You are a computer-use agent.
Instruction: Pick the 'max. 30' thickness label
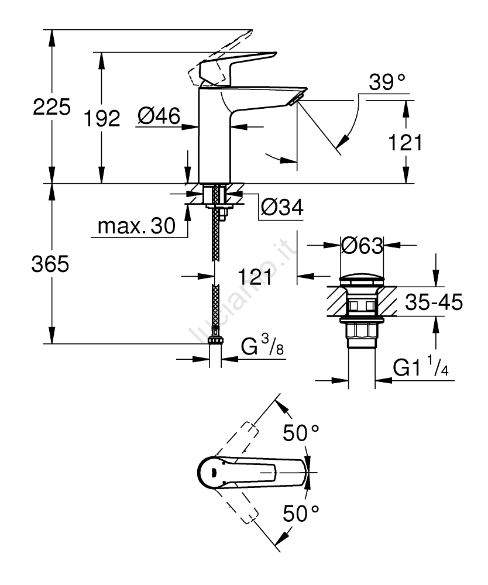[136, 226]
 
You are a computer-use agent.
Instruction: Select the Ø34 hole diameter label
[282, 207]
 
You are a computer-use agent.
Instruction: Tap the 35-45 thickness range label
[434, 302]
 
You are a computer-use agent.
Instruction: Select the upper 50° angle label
[301, 434]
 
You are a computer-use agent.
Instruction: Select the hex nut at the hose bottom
[216, 339]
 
